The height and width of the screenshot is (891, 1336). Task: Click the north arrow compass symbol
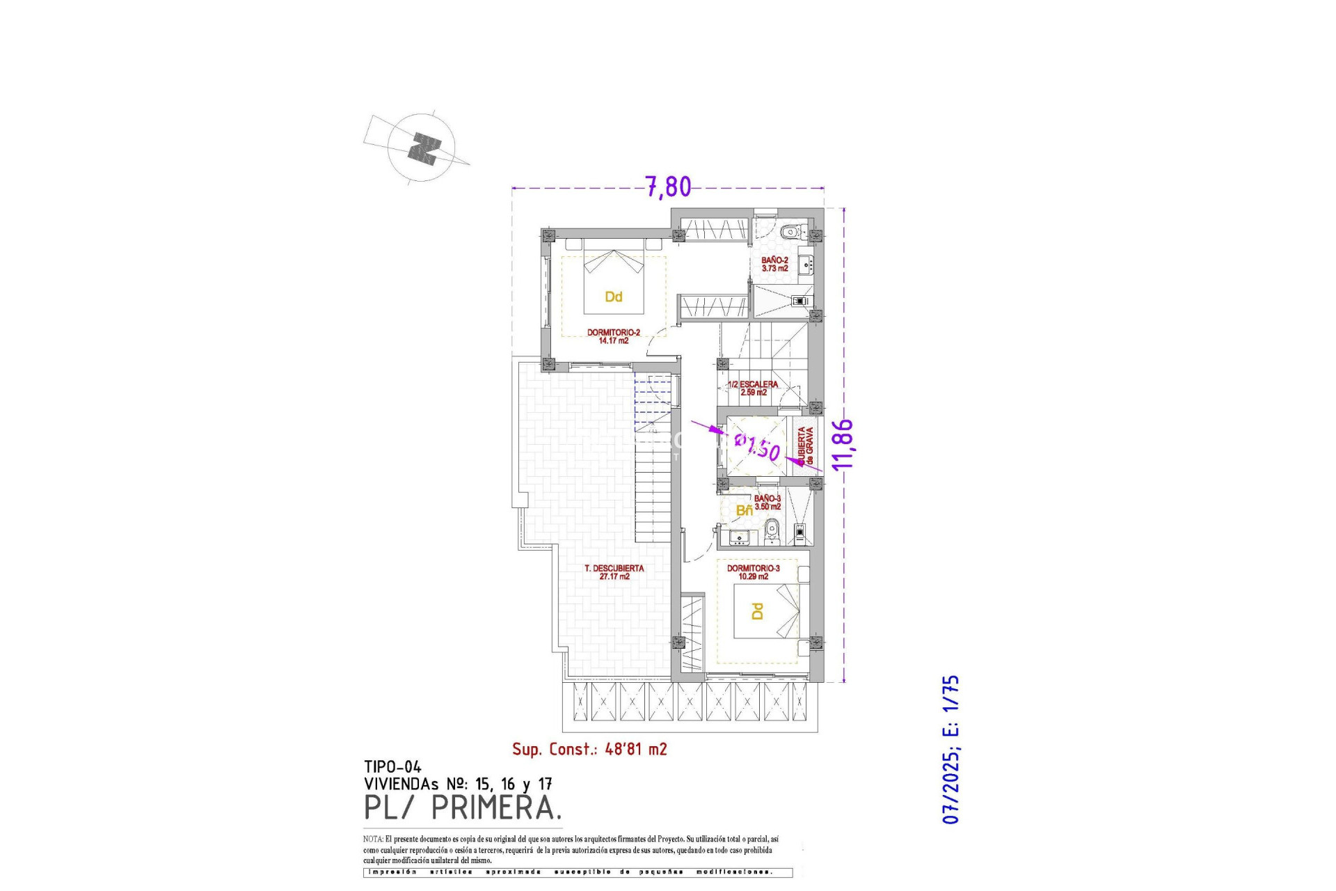pyautogui.click(x=422, y=148)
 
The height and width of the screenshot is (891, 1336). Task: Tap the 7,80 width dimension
pyautogui.click(x=668, y=187)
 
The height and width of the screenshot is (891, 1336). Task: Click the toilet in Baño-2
pyautogui.click(x=790, y=232)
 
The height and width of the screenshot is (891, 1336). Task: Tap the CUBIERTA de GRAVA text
pyautogui.click(x=805, y=445)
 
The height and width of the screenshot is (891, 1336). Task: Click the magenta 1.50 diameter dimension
pyautogui.click(x=758, y=447)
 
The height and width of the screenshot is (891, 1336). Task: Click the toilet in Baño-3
pyautogui.click(x=770, y=534)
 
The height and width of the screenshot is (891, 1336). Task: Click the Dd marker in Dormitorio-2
pyautogui.click(x=613, y=297)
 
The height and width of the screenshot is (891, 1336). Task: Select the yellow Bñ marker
pyautogui.click(x=744, y=511)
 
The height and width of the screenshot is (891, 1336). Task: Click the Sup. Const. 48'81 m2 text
pyautogui.click(x=589, y=749)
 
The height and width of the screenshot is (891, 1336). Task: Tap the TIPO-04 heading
pyautogui.click(x=392, y=767)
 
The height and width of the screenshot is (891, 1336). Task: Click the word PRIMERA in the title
pyautogui.click(x=495, y=807)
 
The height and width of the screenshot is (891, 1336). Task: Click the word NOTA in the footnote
pyautogui.click(x=372, y=839)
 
